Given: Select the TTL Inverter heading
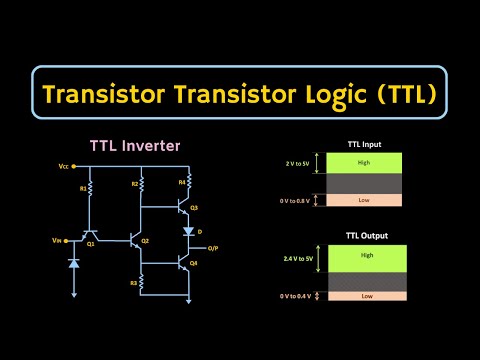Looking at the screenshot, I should (x=135, y=146).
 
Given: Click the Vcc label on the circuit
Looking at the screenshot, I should (x=64, y=166).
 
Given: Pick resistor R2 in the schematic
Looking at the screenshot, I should (x=143, y=186).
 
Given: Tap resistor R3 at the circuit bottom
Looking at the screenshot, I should (x=143, y=284).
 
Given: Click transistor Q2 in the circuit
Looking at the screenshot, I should (x=139, y=239).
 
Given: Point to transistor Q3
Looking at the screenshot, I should (x=184, y=209).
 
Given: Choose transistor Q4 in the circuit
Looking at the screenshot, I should (x=184, y=264).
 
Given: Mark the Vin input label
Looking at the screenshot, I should (x=56, y=241).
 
